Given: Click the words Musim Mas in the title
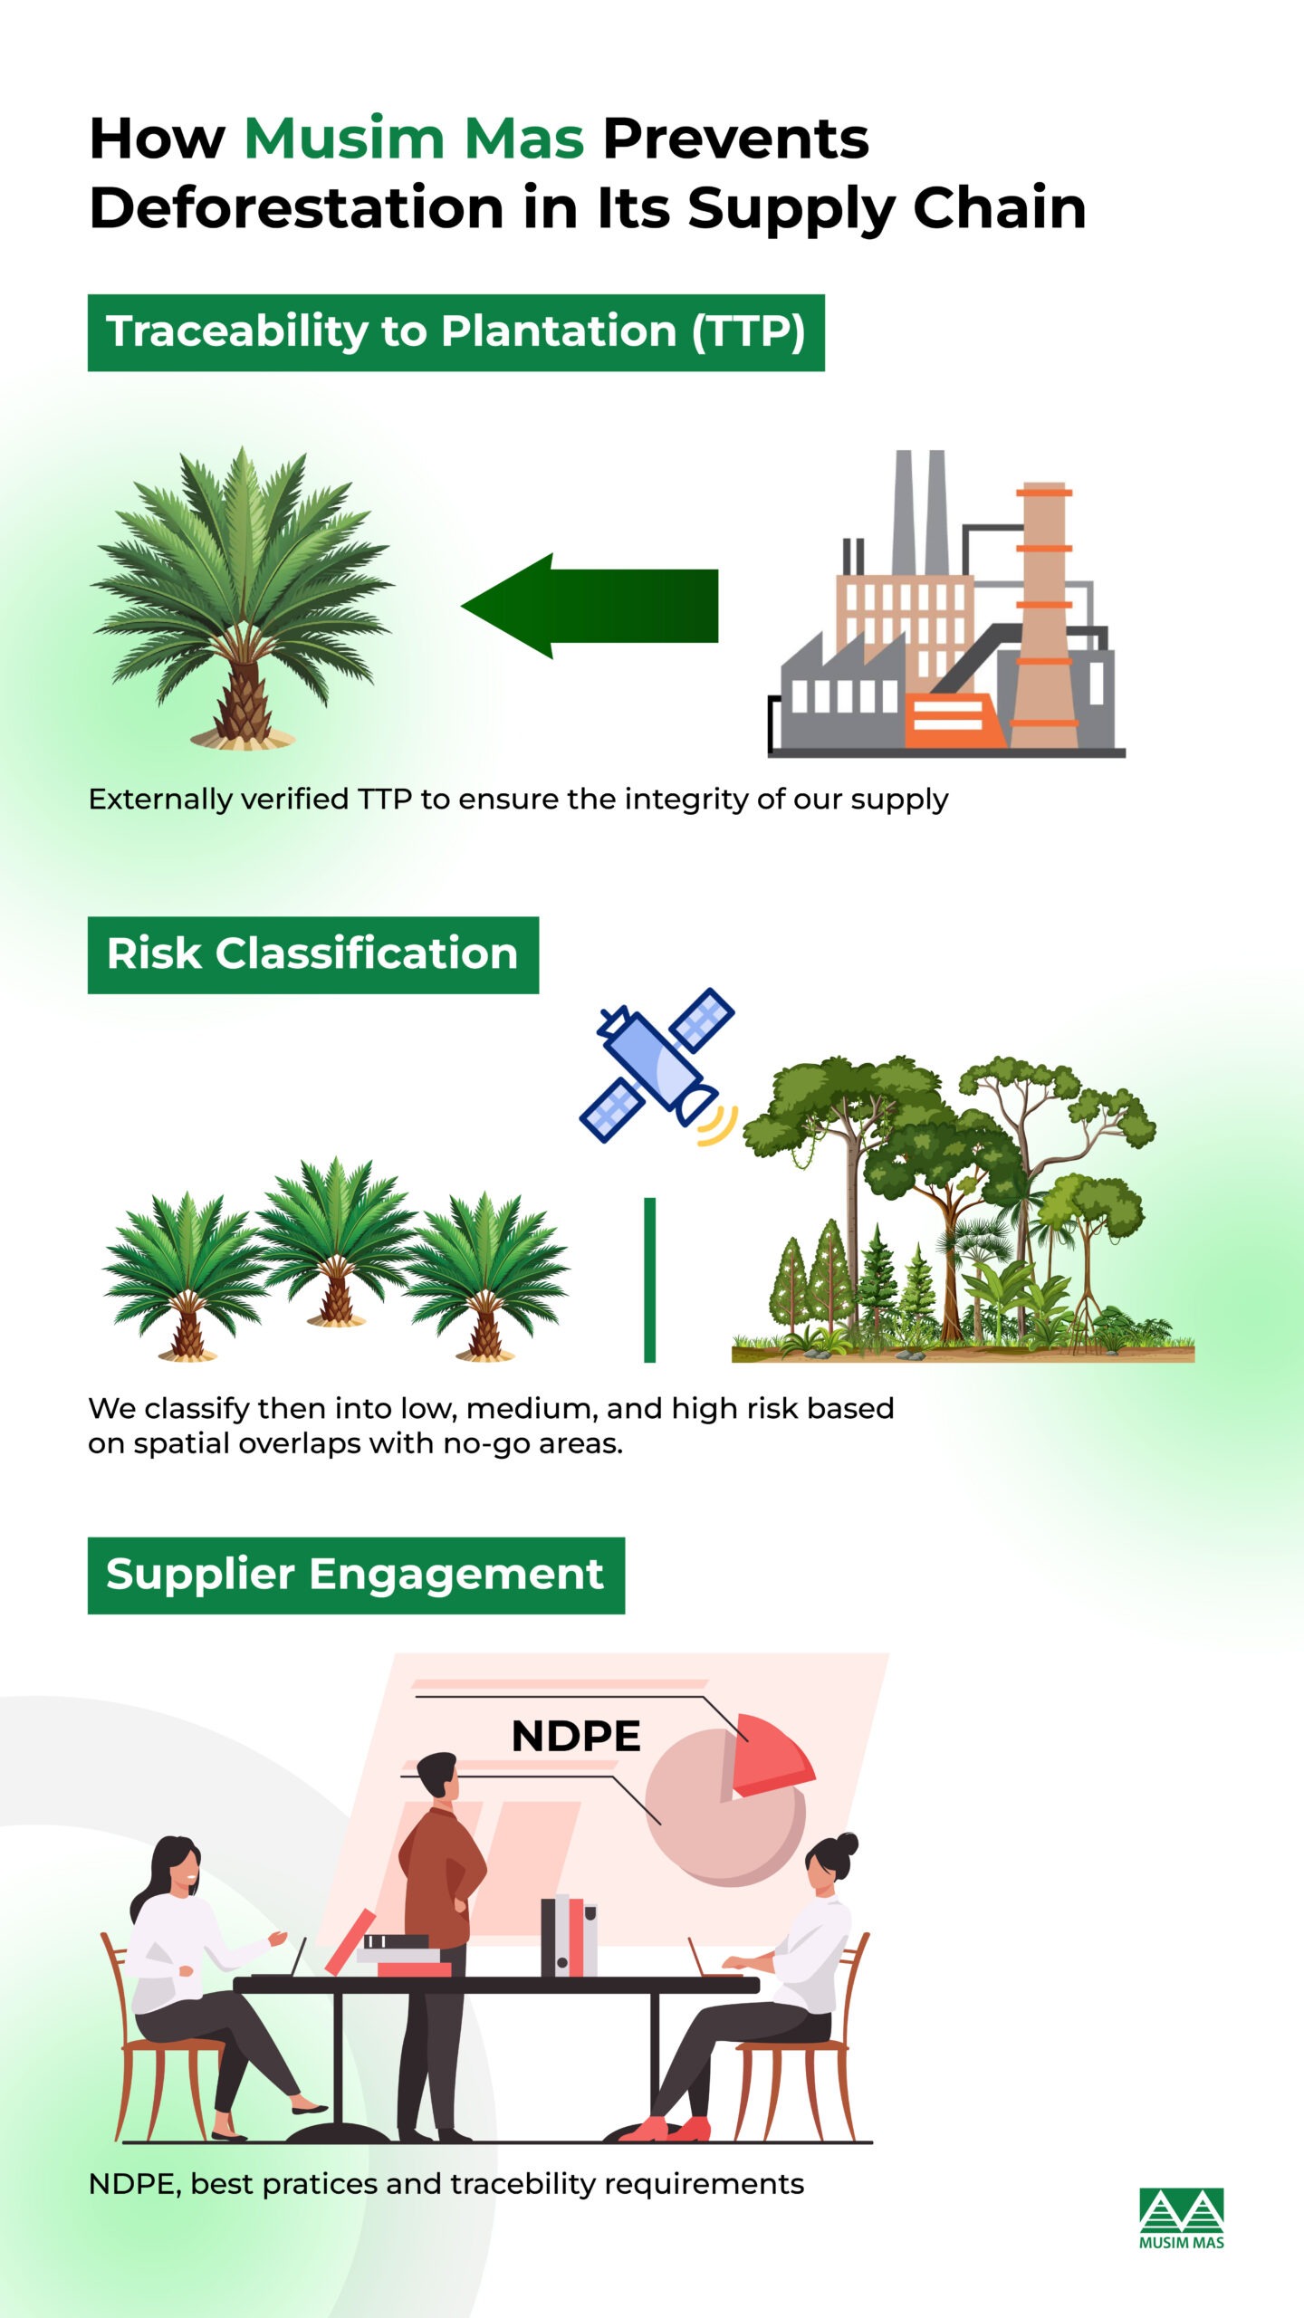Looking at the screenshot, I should (414, 139).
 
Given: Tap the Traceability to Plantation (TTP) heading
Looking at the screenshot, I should (455, 332).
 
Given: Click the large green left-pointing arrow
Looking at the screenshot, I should (590, 605).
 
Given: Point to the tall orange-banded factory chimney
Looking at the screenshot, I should (1043, 616).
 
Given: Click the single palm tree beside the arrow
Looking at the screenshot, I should (242, 598).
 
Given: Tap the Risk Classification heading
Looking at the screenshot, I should (312, 954).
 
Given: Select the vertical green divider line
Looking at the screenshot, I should (649, 1279).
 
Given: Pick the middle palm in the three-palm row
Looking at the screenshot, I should (336, 1240).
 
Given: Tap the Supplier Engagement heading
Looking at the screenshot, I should (355, 1575).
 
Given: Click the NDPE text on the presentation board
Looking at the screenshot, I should (576, 1736).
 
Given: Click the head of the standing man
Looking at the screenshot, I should (438, 1775).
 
